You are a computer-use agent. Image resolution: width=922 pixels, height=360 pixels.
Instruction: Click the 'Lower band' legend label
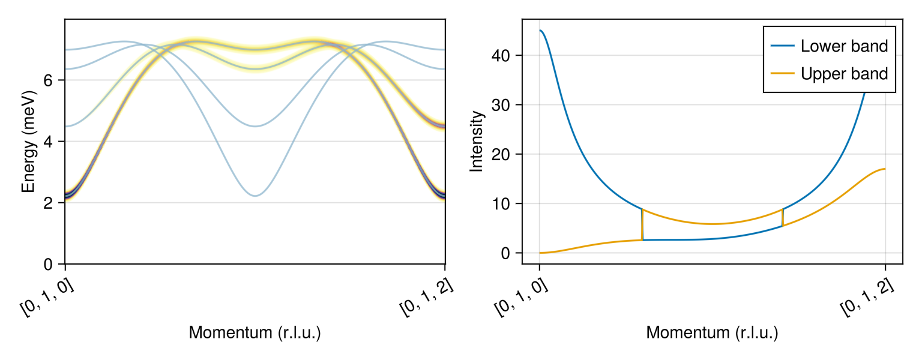point(844,46)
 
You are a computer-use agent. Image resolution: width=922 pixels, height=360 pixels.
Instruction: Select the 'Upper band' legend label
point(844,74)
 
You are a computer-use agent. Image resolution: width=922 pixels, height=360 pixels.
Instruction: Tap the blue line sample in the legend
point(781,46)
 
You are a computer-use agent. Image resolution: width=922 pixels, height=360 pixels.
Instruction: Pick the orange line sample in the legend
point(781,74)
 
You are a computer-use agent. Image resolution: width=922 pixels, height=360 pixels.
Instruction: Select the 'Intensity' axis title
point(477,141)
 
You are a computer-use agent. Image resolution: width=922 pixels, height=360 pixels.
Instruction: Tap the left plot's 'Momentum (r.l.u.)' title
point(255,333)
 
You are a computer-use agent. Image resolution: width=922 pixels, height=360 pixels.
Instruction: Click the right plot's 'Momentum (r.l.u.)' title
point(712,333)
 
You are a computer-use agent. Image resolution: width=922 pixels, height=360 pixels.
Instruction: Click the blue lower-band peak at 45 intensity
point(540,31)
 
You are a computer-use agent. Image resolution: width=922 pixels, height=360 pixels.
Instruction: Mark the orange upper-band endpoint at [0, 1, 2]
point(885,169)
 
